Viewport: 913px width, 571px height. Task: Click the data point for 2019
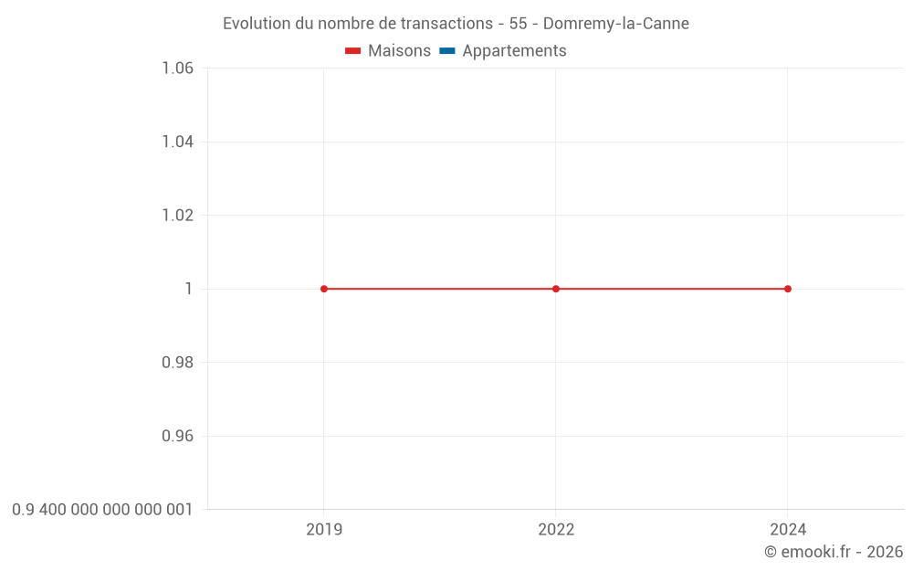(x=324, y=289)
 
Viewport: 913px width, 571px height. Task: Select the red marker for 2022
(x=556, y=289)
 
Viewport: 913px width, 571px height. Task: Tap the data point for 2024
(x=788, y=289)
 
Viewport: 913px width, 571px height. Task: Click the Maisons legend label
(x=399, y=51)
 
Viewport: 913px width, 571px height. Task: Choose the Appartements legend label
(x=514, y=51)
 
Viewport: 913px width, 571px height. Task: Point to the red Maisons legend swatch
(x=353, y=51)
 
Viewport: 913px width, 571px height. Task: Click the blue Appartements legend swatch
(x=447, y=51)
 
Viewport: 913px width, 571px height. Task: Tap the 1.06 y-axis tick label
(x=177, y=69)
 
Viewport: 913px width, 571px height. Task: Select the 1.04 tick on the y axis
(x=177, y=142)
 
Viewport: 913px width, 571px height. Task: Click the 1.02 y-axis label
(x=177, y=216)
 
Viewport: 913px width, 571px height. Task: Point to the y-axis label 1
(x=189, y=289)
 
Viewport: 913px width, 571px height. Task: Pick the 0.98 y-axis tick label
(x=177, y=363)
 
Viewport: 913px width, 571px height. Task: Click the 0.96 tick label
(x=177, y=436)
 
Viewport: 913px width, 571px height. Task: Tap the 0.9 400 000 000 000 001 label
(x=102, y=510)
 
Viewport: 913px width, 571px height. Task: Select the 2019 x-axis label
(x=324, y=530)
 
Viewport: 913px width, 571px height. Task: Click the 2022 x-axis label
(x=556, y=530)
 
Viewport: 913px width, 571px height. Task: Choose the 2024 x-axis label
(x=788, y=530)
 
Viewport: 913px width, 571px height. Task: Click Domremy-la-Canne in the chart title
(x=615, y=24)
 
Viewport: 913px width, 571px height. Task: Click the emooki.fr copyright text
(x=834, y=552)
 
